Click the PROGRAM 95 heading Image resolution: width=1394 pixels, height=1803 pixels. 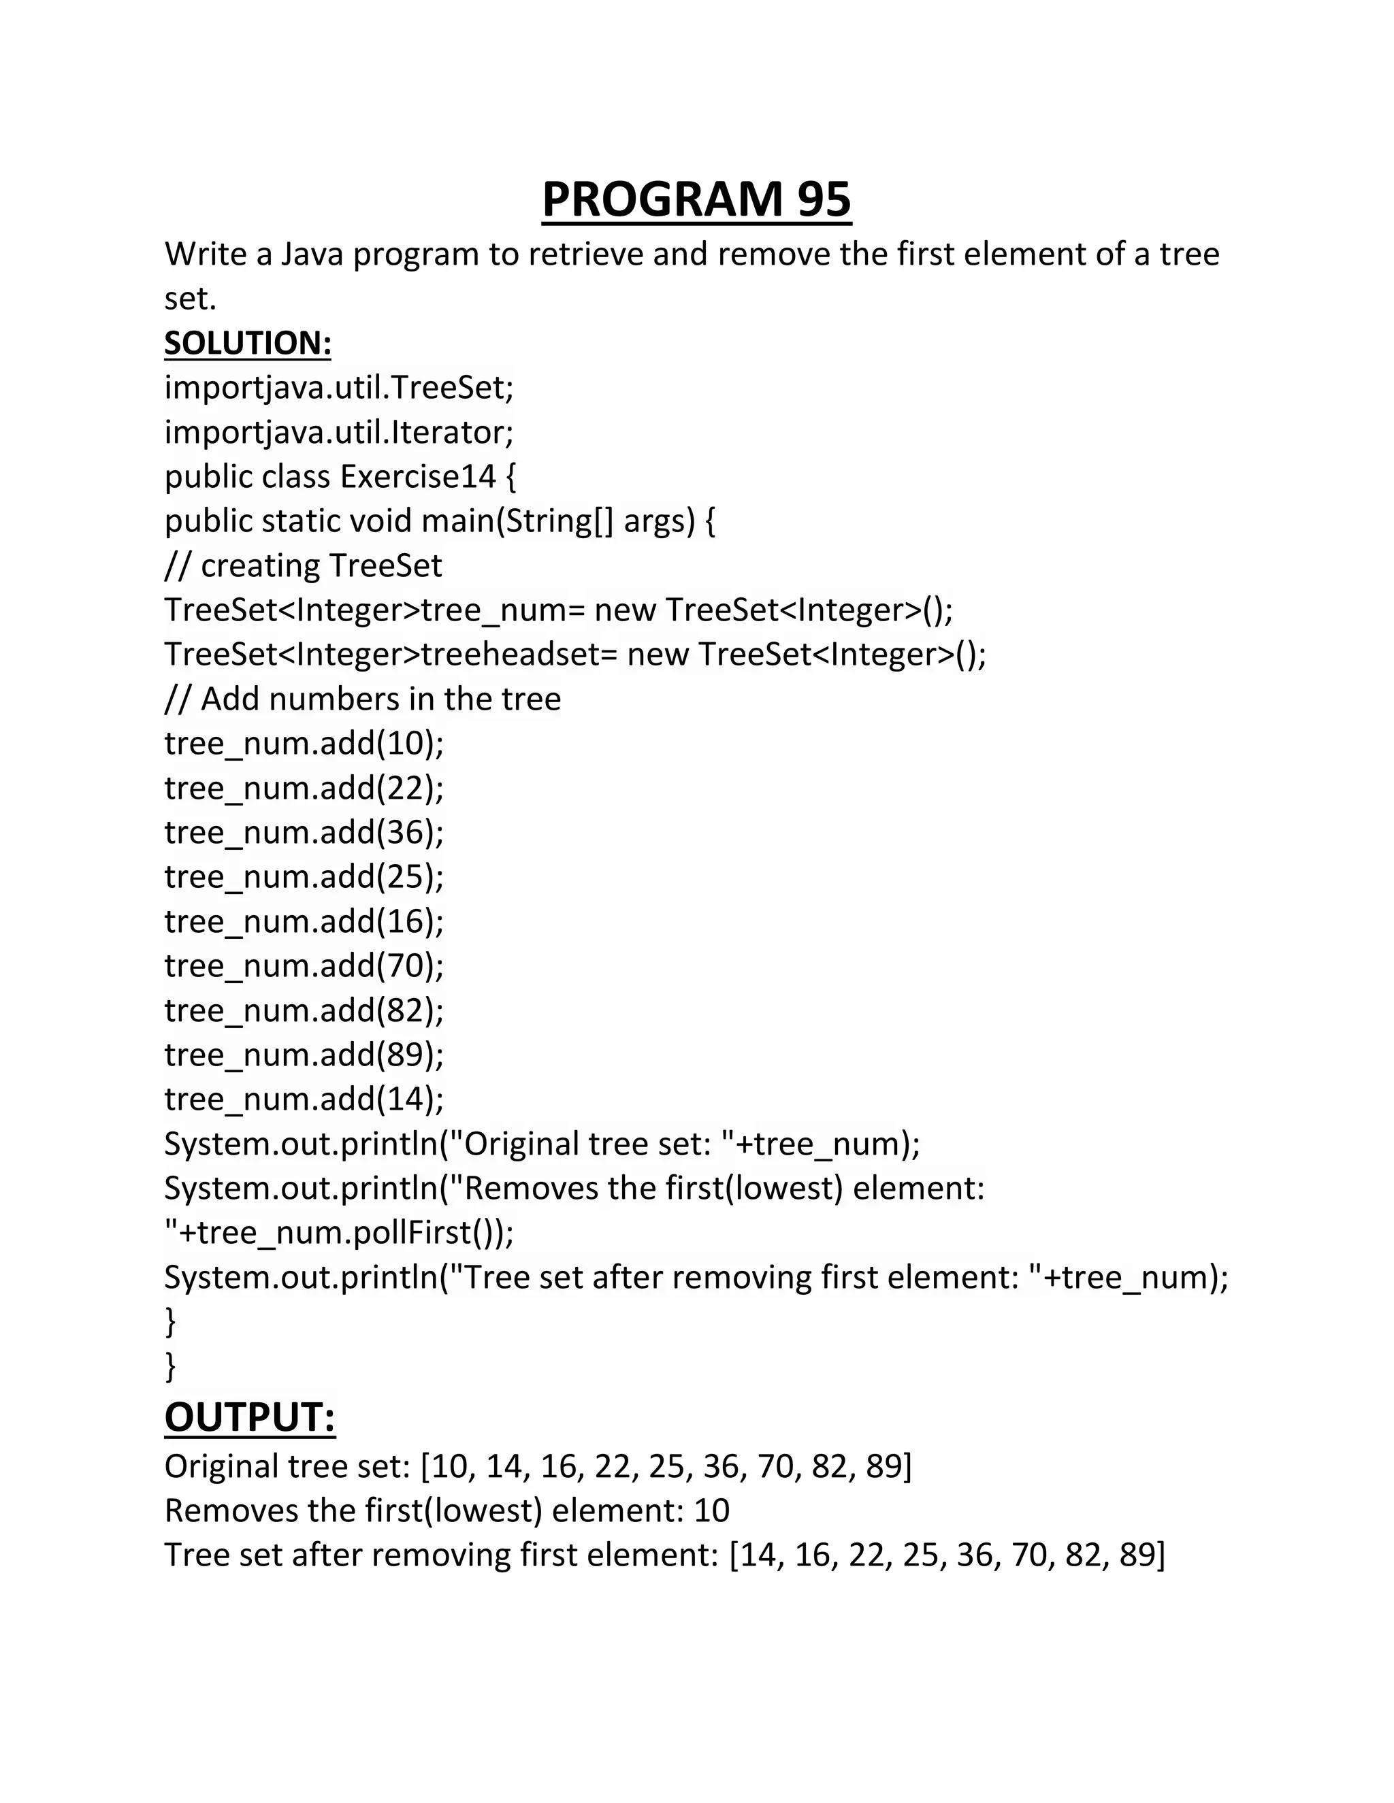[696, 200]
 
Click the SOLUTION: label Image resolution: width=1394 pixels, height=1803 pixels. [248, 344]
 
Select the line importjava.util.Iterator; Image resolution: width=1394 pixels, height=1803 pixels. [338, 432]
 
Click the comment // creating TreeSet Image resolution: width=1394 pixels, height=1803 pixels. [303, 565]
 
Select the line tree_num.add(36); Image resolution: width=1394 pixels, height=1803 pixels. [304, 832]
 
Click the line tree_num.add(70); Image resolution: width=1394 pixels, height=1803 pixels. [304, 965]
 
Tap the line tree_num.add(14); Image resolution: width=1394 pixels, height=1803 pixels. [304, 1099]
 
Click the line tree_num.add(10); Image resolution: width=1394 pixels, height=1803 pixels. [304, 743]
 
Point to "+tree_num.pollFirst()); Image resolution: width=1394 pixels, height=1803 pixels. [338, 1233]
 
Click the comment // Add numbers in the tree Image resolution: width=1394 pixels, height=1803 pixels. [363, 699]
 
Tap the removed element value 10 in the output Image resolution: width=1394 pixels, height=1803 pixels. [711, 1510]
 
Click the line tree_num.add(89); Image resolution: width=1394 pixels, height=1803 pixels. [304, 1054]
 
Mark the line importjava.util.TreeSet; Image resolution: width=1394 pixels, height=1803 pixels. [338, 387]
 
